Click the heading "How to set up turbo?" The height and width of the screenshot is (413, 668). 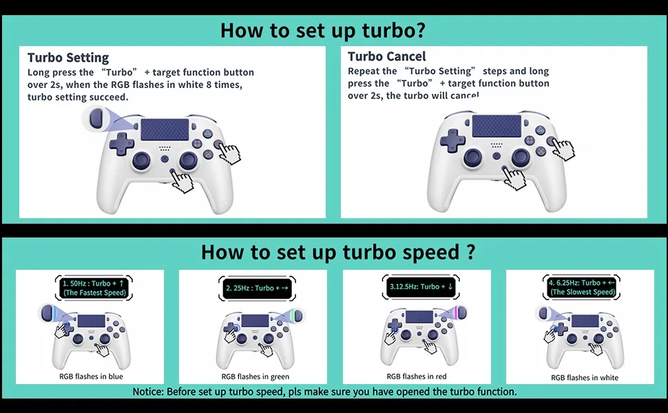322,31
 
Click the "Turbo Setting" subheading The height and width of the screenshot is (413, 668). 68,58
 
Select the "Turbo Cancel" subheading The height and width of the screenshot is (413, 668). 387,56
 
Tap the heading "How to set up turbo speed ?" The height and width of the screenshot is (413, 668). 338,252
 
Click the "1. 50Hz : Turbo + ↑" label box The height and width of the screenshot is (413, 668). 94,288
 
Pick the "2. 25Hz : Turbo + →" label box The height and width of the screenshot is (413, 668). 257,288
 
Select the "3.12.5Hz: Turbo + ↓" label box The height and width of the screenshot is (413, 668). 421,286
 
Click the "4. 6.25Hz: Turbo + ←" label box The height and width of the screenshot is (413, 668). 581,287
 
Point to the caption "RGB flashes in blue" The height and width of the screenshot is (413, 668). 91,377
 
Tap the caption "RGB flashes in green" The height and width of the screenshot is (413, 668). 255,377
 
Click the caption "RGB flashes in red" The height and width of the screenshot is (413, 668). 417,377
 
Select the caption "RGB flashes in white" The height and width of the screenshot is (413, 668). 585,378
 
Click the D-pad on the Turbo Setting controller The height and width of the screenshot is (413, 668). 122,144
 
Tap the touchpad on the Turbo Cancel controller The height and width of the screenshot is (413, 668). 497,125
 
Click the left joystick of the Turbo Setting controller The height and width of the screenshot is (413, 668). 141,160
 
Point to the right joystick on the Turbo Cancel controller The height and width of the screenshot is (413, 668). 521,158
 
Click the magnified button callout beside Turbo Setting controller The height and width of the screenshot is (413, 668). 97,118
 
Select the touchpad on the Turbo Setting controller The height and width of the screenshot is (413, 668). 165,129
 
